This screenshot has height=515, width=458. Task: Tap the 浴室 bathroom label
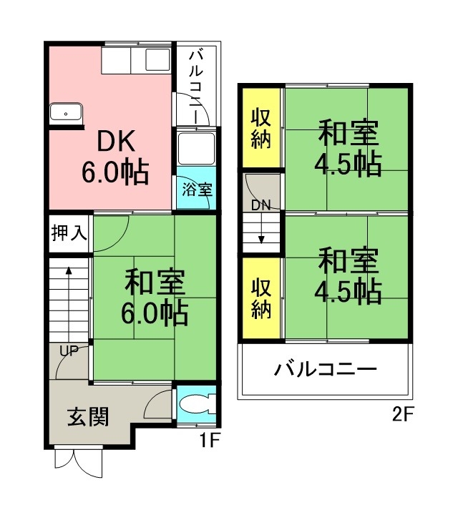[196, 190]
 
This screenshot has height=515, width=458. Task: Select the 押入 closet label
[69, 233]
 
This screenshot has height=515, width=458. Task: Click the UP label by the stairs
[69, 350]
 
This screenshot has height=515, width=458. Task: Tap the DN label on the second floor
[260, 205]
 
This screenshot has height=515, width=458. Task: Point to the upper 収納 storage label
[261, 128]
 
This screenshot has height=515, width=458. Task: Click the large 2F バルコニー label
[325, 370]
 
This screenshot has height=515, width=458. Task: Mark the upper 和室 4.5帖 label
[349, 149]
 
